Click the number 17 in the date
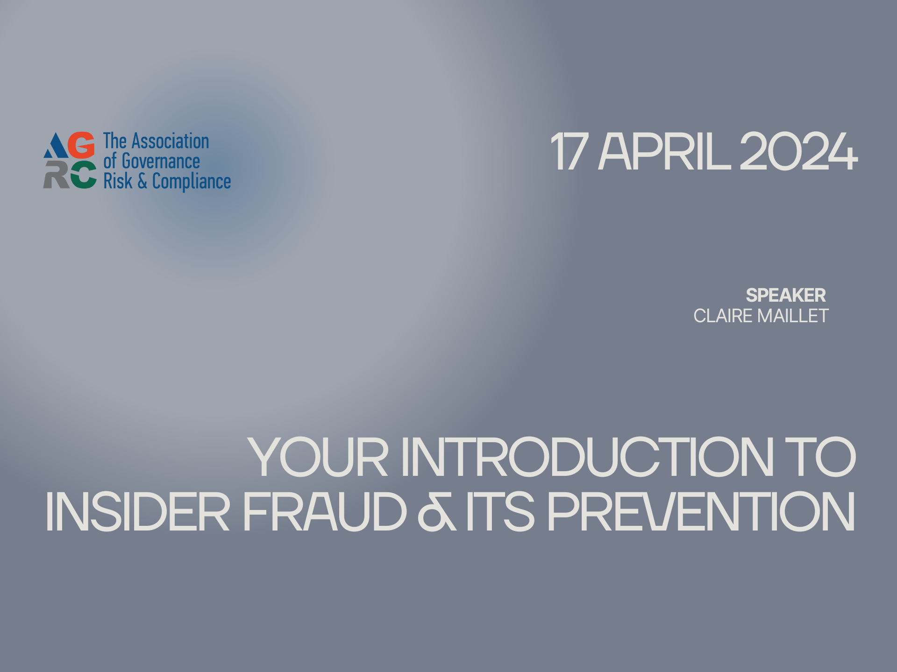(x=569, y=151)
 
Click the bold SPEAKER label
(x=786, y=295)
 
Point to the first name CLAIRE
(x=724, y=316)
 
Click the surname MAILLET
(x=793, y=316)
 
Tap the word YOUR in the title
(x=318, y=457)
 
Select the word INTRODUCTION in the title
(x=587, y=457)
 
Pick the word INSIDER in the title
(x=138, y=512)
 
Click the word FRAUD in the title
(x=325, y=512)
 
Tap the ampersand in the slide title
(x=437, y=512)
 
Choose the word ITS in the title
(x=500, y=512)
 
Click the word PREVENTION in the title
(x=701, y=512)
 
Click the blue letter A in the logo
(x=56, y=145)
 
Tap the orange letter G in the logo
(x=81, y=145)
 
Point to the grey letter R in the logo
(x=56, y=175)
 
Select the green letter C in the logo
(x=83, y=175)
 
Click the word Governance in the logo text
(x=161, y=162)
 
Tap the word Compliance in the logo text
(x=192, y=182)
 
